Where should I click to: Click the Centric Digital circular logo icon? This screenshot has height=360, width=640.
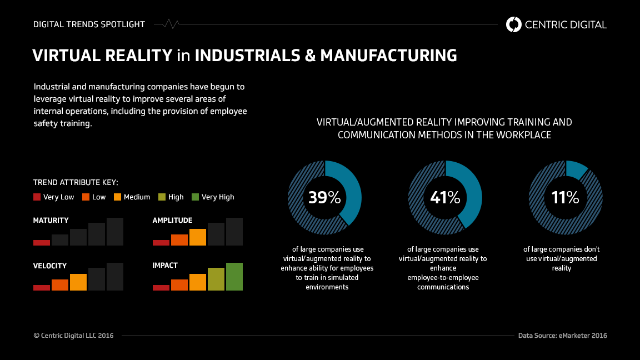(x=514, y=24)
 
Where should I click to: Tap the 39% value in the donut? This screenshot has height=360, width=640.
(x=324, y=197)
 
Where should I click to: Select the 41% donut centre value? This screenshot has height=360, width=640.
(x=445, y=197)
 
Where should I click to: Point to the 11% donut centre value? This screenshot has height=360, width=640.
(x=565, y=197)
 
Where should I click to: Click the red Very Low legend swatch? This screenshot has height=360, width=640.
(x=37, y=197)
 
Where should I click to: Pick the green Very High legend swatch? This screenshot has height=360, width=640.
(x=195, y=197)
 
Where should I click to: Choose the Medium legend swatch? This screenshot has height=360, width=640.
(x=118, y=197)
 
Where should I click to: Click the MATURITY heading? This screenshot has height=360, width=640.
(x=51, y=221)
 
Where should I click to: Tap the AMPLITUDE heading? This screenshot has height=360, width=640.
(x=172, y=221)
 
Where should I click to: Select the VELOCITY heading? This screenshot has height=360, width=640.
(x=50, y=266)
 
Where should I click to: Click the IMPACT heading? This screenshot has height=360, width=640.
(x=165, y=266)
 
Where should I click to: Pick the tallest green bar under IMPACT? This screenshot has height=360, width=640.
(x=234, y=277)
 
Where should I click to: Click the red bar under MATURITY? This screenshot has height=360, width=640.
(x=42, y=243)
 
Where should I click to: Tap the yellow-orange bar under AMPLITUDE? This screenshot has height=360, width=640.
(x=198, y=237)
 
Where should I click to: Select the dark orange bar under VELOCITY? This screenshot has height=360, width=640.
(x=60, y=285)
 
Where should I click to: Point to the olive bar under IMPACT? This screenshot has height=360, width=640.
(x=216, y=279)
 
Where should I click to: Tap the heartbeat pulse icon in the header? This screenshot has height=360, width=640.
(x=171, y=24)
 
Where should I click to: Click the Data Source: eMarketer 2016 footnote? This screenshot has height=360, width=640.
(x=562, y=336)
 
